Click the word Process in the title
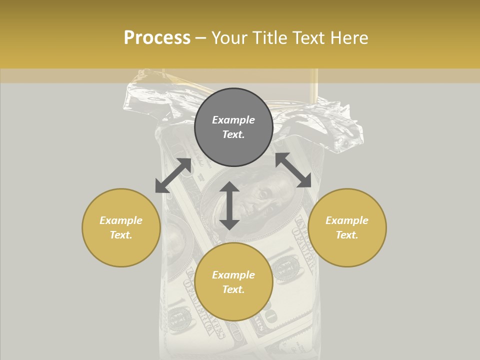coord(157,38)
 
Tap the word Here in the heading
coord(348,38)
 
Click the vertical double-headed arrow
coord(229,205)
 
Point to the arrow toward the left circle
coord(173,175)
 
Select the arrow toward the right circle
coord(293,170)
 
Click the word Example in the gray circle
coord(233,120)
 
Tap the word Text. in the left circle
coord(121,235)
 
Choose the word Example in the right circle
coord(347,220)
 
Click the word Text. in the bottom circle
coord(233,289)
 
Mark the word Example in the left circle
coord(121,220)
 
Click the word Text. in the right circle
coord(347,235)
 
